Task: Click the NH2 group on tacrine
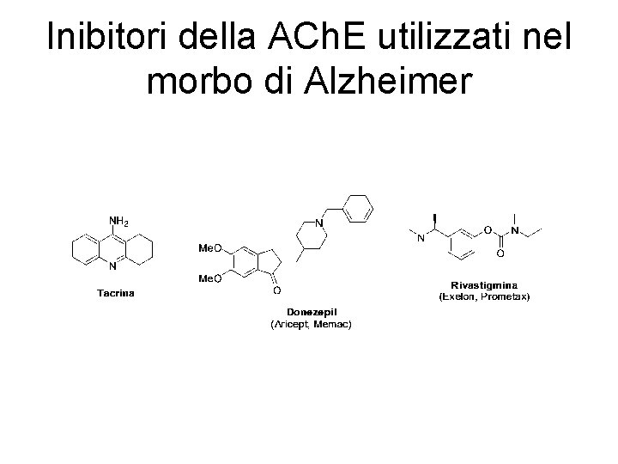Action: (x=118, y=223)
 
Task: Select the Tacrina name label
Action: (x=115, y=292)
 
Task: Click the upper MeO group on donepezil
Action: (x=210, y=249)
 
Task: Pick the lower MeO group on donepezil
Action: (x=210, y=278)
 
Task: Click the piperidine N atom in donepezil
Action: (x=318, y=223)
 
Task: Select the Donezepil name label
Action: (x=311, y=313)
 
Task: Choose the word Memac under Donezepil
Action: (x=335, y=325)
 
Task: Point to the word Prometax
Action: (x=508, y=297)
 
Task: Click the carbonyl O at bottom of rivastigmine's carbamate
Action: (x=500, y=253)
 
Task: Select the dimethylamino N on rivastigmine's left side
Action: (x=421, y=239)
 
